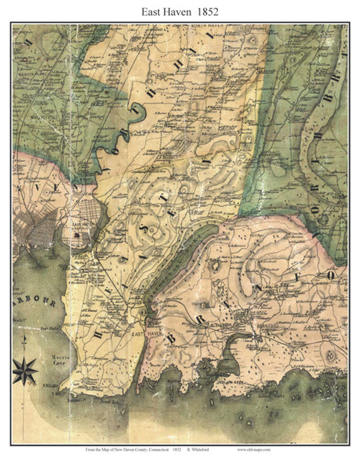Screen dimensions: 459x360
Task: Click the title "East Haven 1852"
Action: [179, 11]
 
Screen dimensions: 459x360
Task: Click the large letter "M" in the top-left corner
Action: [30, 43]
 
